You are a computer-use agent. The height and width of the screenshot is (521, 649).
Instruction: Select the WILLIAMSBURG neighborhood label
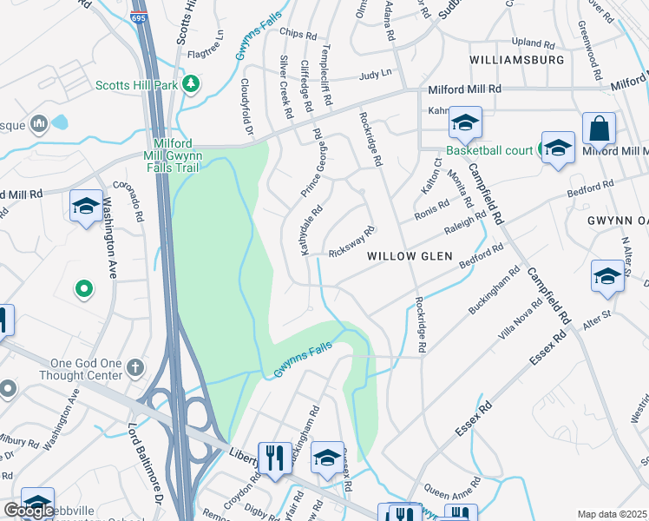click(x=517, y=60)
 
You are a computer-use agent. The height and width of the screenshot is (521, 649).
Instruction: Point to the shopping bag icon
click(x=599, y=130)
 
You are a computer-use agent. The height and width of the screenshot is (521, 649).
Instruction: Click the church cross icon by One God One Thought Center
click(x=134, y=367)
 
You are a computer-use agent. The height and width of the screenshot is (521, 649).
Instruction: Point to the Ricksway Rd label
click(x=351, y=243)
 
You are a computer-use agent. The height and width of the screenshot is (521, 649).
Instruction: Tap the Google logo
click(x=28, y=511)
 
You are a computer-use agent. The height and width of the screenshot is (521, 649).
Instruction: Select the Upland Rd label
click(x=533, y=43)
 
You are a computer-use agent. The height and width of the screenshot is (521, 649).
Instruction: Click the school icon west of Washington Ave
click(x=85, y=206)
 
